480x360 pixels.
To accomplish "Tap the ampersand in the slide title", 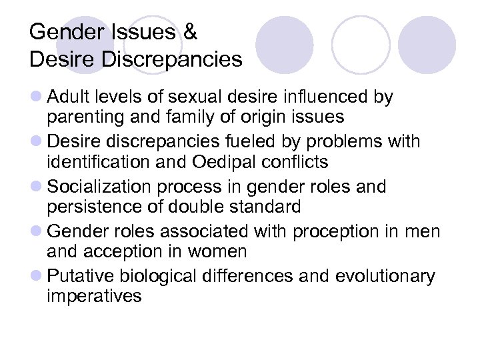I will (x=190, y=32).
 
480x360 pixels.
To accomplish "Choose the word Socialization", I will (x=103, y=187).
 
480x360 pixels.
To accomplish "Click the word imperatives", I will (x=94, y=296).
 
